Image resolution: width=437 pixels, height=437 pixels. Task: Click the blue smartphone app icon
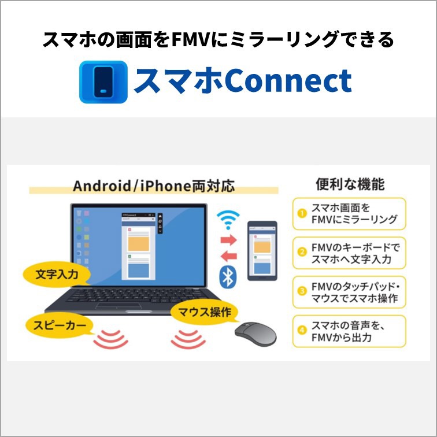(103, 82)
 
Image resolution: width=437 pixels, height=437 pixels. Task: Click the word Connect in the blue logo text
(288, 80)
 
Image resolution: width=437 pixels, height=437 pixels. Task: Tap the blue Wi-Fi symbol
(228, 220)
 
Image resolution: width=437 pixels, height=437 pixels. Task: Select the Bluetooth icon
(228, 277)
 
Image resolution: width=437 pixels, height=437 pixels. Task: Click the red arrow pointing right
(228, 240)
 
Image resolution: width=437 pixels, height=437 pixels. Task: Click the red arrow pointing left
(228, 256)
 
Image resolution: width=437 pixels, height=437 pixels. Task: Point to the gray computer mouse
(255, 334)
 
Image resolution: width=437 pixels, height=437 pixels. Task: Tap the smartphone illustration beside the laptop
(262, 250)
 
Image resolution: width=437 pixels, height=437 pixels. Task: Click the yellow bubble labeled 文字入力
(57, 275)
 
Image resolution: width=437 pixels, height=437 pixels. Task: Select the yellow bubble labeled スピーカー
(60, 325)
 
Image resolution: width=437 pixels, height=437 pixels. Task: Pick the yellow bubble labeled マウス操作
(204, 312)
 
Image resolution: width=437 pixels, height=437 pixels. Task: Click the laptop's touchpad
(118, 306)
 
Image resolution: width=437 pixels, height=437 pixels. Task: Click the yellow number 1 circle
(302, 213)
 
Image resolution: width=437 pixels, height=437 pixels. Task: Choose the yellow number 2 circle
(302, 252)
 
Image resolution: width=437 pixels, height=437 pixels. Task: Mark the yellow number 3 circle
(302, 291)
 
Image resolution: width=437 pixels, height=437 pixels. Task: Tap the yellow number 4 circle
(302, 330)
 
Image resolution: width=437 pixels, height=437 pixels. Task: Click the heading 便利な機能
(350, 184)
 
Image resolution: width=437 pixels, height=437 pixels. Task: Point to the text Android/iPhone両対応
(154, 186)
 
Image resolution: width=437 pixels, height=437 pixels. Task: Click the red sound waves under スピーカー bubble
(110, 339)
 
